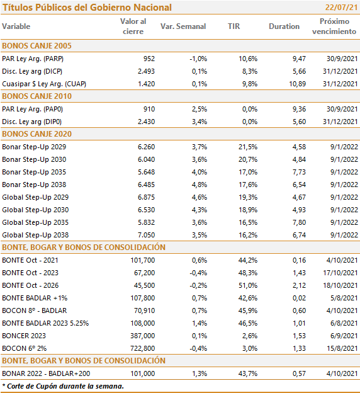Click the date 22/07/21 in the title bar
(x=342, y=8)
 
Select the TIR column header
(x=233, y=26)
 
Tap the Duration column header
(x=284, y=26)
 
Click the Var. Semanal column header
(x=183, y=26)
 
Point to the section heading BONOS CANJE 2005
(x=37, y=46)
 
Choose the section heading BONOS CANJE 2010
(x=37, y=96)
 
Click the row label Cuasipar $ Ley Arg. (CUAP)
(x=44, y=84)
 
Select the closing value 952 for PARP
(x=149, y=59)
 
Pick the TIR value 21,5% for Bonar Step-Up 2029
(x=248, y=147)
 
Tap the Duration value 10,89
(x=297, y=84)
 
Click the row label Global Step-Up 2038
(x=35, y=235)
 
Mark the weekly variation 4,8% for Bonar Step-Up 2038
(x=200, y=185)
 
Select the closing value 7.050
(x=146, y=235)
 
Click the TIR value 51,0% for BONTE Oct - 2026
(x=248, y=285)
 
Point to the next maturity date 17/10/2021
(x=340, y=273)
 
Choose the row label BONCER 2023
(x=24, y=336)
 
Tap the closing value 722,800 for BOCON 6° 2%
(x=142, y=348)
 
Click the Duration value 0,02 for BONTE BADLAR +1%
(x=299, y=298)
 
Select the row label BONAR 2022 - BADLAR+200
(x=46, y=373)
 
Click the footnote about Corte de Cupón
(x=63, y=386)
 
